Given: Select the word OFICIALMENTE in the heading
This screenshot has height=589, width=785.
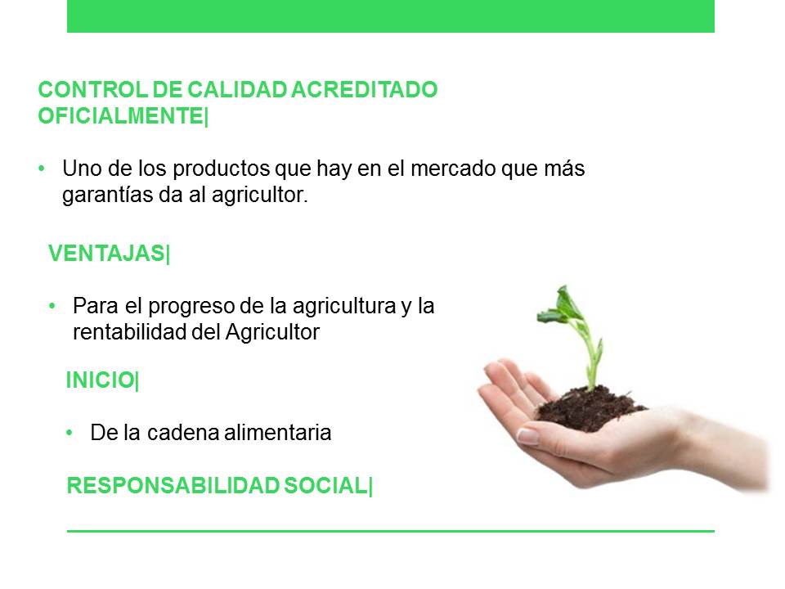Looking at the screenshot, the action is (121, 116).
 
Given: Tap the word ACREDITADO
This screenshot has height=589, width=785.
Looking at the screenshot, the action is (364, 90).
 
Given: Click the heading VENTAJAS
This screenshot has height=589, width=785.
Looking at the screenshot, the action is (106, 254).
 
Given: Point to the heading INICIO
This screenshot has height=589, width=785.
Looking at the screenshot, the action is (100, 380).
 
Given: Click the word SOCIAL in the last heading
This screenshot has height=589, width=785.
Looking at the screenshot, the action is (325, 486).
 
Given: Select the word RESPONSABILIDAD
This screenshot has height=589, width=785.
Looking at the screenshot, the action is (173, 486).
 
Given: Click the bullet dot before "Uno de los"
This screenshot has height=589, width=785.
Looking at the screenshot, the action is (42, 169).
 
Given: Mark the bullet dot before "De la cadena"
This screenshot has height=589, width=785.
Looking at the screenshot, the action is (70, 433).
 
